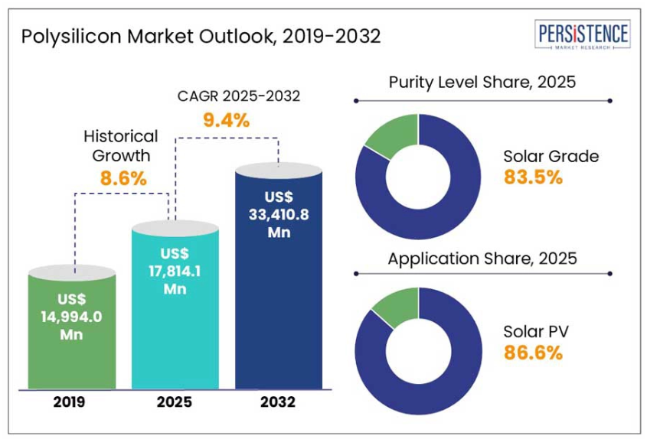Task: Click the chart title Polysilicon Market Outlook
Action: click(x=201, y=36)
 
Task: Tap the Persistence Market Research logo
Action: click(x=583, y=35)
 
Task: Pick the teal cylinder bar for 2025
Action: click(x=175, y=306)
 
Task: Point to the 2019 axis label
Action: click(x=71, y=403)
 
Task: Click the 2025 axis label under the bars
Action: click(x=175, y=403)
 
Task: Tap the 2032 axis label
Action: click(x=278, y=403)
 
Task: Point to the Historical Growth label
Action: click(x=121, y=145)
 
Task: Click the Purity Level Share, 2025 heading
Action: click(x=482, y=82)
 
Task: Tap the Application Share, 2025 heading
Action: click(x=482, y=259)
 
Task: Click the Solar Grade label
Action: click(x=551, y=157)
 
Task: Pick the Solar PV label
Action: click(x=535, y=332)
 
